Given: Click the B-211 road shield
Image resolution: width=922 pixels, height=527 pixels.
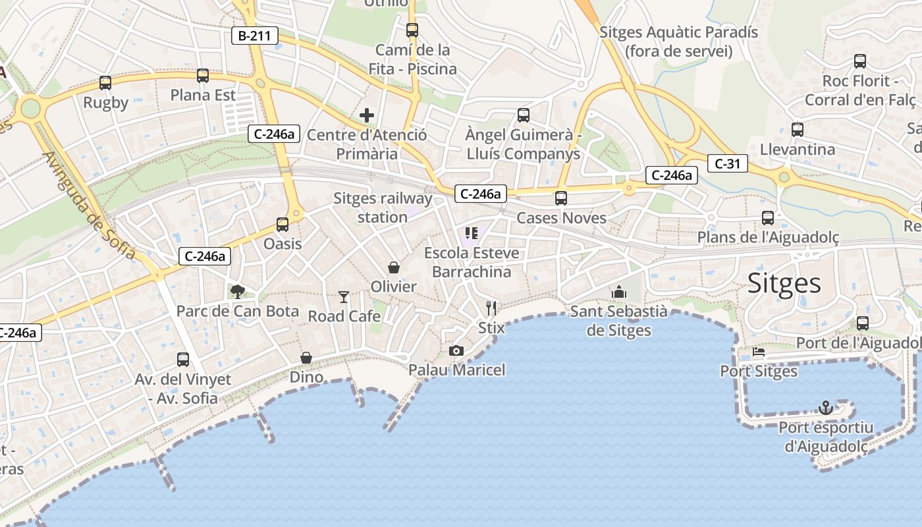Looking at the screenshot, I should pos(254,36).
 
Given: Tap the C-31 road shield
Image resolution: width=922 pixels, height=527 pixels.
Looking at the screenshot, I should pos(727,163).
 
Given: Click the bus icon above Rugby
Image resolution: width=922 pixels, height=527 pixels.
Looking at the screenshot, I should pos(105,83).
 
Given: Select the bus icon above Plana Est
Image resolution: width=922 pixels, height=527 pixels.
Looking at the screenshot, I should pos(203,76).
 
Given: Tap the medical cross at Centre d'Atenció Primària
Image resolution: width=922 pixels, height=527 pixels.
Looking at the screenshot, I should pos(367,116).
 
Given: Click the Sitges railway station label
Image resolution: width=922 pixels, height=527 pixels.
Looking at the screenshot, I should pos(383,208).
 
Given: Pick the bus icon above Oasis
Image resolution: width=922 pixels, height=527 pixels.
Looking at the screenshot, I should pos(283,225).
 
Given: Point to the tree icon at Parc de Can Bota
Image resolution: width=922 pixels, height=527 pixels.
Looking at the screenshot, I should pos(237,292).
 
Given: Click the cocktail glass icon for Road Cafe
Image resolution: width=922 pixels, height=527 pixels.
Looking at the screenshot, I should pos(344,297).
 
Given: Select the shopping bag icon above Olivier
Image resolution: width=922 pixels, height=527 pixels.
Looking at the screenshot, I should pos(394,267).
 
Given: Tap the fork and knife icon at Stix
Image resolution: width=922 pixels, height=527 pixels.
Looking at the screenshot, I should pos(491,308).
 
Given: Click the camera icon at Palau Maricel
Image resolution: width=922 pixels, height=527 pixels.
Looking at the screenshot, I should pos(456,350).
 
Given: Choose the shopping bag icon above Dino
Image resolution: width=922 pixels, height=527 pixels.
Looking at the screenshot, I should pos(306,358).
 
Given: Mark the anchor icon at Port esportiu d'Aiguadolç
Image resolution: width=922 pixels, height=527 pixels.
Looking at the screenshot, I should pos(826,408).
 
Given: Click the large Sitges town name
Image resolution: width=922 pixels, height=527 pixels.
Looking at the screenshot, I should pos(784,283).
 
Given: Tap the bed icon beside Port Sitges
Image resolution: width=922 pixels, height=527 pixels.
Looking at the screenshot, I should pos(759,352).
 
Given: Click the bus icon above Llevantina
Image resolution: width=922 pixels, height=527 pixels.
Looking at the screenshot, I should pos(798,130).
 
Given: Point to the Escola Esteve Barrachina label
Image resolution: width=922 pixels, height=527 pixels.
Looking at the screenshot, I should pos(472,262).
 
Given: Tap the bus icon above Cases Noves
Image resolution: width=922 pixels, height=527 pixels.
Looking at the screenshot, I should pos(561,198).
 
